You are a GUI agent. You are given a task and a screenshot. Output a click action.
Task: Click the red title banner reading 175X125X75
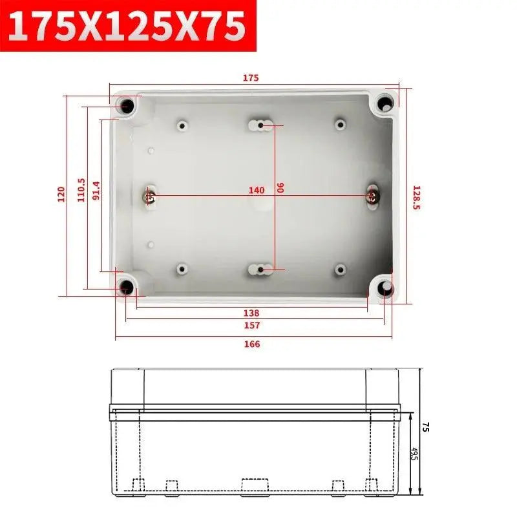pyautogui.click(x=128, y=26)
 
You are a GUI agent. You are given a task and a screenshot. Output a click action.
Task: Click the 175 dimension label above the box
pyautogui.click(x=251, y=78)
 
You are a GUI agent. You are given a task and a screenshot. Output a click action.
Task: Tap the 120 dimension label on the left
pyautogui.click(x=61, y=193)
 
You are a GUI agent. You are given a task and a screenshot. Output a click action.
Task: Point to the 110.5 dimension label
pyautogui.click(x=81, y=191)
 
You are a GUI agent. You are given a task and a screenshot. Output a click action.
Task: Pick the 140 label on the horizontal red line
pyautogui.click(x=257, y=190)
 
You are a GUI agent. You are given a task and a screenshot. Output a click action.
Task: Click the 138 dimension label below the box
pyautogui.click(x=252, y=313)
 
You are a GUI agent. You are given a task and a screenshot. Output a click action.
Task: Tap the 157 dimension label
pyautogui.click(x=252, y=326)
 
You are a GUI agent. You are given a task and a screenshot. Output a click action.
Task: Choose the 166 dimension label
pyautogui.click(x=252, y=344)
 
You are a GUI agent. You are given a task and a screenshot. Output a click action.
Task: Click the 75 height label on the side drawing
pyautogui.click(x=426, y=427)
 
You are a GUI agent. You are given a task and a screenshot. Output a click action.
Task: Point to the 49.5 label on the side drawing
pyautogui.click(x=414, y=454)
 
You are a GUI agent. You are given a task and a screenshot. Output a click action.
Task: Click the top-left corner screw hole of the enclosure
pyautogui.click(x=127, y=105)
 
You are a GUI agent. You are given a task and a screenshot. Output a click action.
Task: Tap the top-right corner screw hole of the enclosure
pyautogui.click(x=386, y=103)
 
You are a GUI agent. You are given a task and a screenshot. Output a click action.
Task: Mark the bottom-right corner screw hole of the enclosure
pyautogui.click(x=386, y=289)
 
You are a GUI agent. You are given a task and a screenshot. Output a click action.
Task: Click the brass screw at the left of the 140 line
pyautogui.click(x=149, y=196)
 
